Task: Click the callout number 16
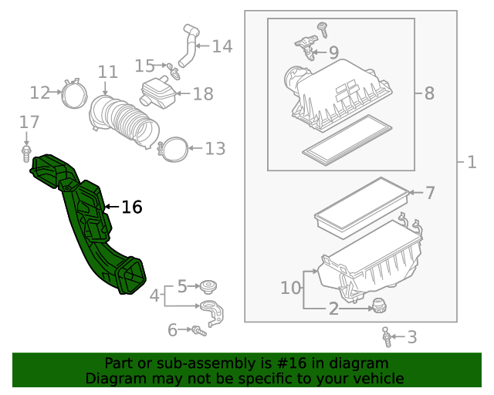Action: coord(132,207)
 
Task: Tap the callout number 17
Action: coord(29,122)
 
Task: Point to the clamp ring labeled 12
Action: coord(74,94)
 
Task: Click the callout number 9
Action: coord(333,52)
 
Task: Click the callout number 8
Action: coord(428,93)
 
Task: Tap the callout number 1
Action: coord(471,162)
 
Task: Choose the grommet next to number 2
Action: coord(378,305)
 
